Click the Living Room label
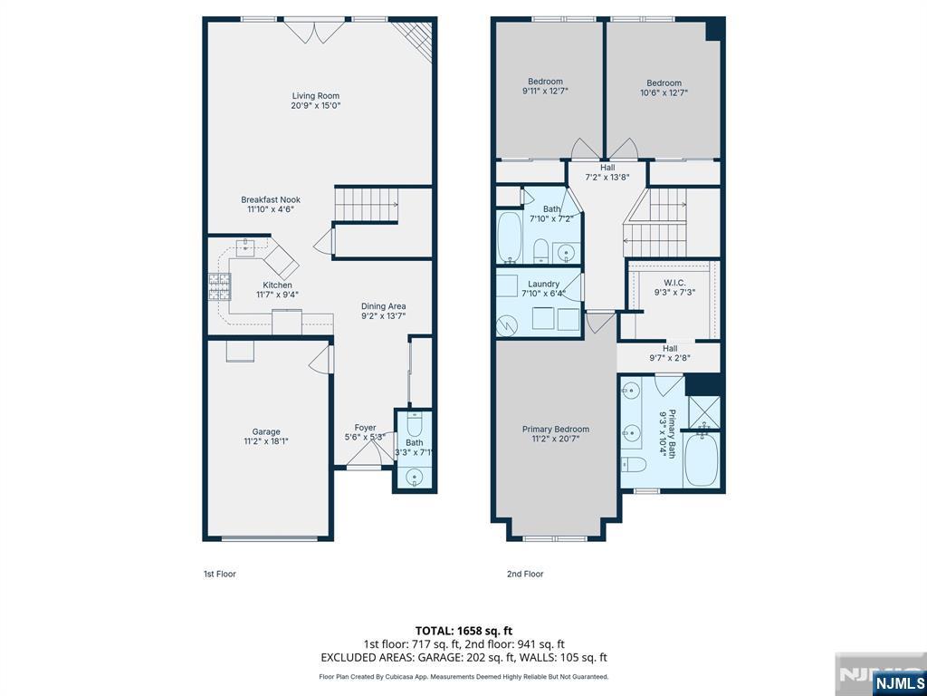click(x=316, y=96)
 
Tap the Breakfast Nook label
click(x=271, y=200)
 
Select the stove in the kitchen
click(x=219, y=287)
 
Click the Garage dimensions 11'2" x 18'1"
click(x=266, y=441)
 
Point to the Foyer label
click(x=366, y=428)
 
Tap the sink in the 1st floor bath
click(x=415, y=477)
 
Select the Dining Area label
click(x=384, y=306)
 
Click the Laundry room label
click(x=544, y=284)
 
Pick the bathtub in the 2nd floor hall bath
click(x=509, y=237)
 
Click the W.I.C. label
click(x=670, y=283)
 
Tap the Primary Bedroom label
click(x=556, y=429)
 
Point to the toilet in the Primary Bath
click(x=633, y=465)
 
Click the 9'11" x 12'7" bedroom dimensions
click(x=546, y=92)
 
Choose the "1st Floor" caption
click(x=220, y=574)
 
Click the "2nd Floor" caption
click(x=525, y=574)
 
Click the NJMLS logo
click(x=897, y=682)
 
